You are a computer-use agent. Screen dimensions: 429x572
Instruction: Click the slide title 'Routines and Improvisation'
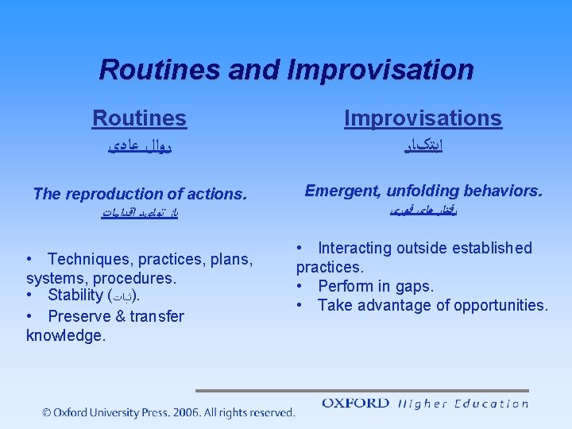pyautogui.click(x=286, y=70)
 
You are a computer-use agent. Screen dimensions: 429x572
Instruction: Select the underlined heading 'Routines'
pyautogui.click(x=139, y=118)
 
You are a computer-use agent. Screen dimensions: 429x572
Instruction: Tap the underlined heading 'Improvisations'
pyautogui.click(x=423, y=118)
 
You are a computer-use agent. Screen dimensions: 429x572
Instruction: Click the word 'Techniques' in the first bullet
pyautogui.click(x=87, y=260)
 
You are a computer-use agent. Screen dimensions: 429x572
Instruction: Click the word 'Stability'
pyautogui.click(x=75, y=296)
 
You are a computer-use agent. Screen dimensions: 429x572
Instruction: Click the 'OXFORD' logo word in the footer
pyautogui.click(x=356, y=403)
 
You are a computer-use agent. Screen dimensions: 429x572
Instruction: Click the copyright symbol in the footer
pyautogui.click(x=47, y=412)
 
